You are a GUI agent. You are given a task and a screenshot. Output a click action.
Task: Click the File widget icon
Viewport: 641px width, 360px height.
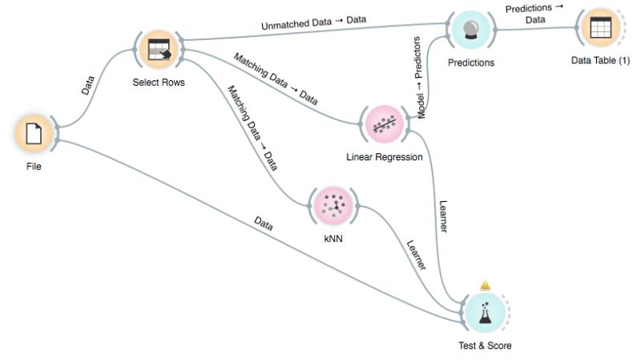click(34, 133)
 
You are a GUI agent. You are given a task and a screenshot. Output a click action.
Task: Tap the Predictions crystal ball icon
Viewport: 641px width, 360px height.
click(471, 30)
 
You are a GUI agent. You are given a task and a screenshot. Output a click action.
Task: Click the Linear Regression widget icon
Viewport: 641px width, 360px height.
click(384, 123)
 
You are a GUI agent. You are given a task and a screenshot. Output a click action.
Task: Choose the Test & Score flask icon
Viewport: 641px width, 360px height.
click(484, 312)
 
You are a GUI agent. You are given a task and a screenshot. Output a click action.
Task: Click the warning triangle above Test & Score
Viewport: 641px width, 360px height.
click(484, 285)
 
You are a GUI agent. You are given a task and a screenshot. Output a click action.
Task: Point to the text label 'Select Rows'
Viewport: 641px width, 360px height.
click(159, 82)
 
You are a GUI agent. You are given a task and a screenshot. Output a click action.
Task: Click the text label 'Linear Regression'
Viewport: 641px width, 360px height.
click(384, 157)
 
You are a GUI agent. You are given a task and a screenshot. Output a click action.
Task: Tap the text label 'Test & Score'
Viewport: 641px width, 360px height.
click(484, 346)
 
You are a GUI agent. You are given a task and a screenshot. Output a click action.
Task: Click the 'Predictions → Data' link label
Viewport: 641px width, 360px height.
click(534, 14)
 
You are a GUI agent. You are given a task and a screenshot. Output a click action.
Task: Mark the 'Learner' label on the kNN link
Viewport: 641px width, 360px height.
click(416, 255)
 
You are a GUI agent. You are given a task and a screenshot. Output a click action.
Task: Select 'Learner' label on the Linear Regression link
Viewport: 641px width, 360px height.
click(441, 215)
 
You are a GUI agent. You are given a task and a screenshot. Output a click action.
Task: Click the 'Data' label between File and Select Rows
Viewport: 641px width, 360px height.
click(88, 86)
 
